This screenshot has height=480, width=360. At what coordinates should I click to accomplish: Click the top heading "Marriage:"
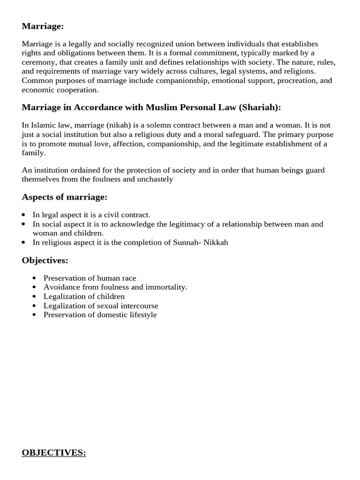43,27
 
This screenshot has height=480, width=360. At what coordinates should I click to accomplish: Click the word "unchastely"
155,179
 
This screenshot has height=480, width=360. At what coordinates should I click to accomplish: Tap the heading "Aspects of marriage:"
65,197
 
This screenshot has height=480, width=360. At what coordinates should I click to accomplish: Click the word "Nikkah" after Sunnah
215,242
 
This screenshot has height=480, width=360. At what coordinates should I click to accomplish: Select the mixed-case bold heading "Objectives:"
45,260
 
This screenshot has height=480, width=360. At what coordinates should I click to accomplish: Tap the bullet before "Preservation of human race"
35,278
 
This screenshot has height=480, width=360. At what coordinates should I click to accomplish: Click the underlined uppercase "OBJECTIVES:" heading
54,453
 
